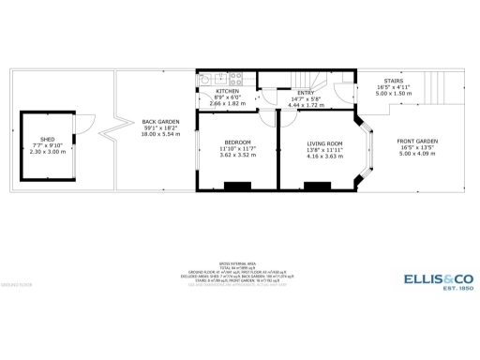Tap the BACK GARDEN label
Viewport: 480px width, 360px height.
click(161, 121)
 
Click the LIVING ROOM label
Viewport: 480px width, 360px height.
click(325, 142)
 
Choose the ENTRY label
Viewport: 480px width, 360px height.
click(307, 93)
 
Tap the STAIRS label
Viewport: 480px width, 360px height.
click(393, 81)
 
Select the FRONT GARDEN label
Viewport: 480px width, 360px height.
click(418, 142)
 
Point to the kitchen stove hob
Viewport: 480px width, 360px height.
click(235, 79)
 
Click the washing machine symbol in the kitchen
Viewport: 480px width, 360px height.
click(205, 80)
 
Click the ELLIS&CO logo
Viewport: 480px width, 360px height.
click(438, 278)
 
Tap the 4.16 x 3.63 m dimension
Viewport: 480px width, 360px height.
click(325, 157)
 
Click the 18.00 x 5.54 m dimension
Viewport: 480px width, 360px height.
click(161, 135)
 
